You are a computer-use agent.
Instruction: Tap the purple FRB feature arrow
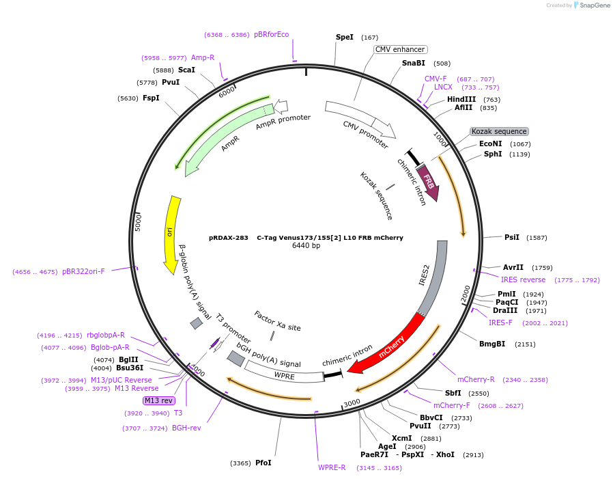(x=428, y=182)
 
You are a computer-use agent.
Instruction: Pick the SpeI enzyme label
(x=345, y=37)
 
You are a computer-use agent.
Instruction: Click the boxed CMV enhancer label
(x=401, y=49)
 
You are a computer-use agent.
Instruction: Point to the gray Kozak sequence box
(x=499, y=131)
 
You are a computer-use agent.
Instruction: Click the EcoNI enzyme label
(x=490, y=143)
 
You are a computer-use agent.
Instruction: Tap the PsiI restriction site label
(x=512, y=237)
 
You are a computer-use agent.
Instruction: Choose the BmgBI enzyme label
(x=492, y=344)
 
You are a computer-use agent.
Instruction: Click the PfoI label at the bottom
(x=263, y=463)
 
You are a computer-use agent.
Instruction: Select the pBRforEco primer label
(x=272, y=34)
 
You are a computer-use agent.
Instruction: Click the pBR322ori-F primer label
(x=83, y=271)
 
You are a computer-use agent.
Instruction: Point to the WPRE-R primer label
(x=332, y=467)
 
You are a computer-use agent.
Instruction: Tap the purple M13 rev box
(x=158, y=400)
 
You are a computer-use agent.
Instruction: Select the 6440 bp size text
(x=306, y=246)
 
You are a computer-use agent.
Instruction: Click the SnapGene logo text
(x=593, y=5)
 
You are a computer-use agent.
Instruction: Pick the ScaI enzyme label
(x=186, y=70)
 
